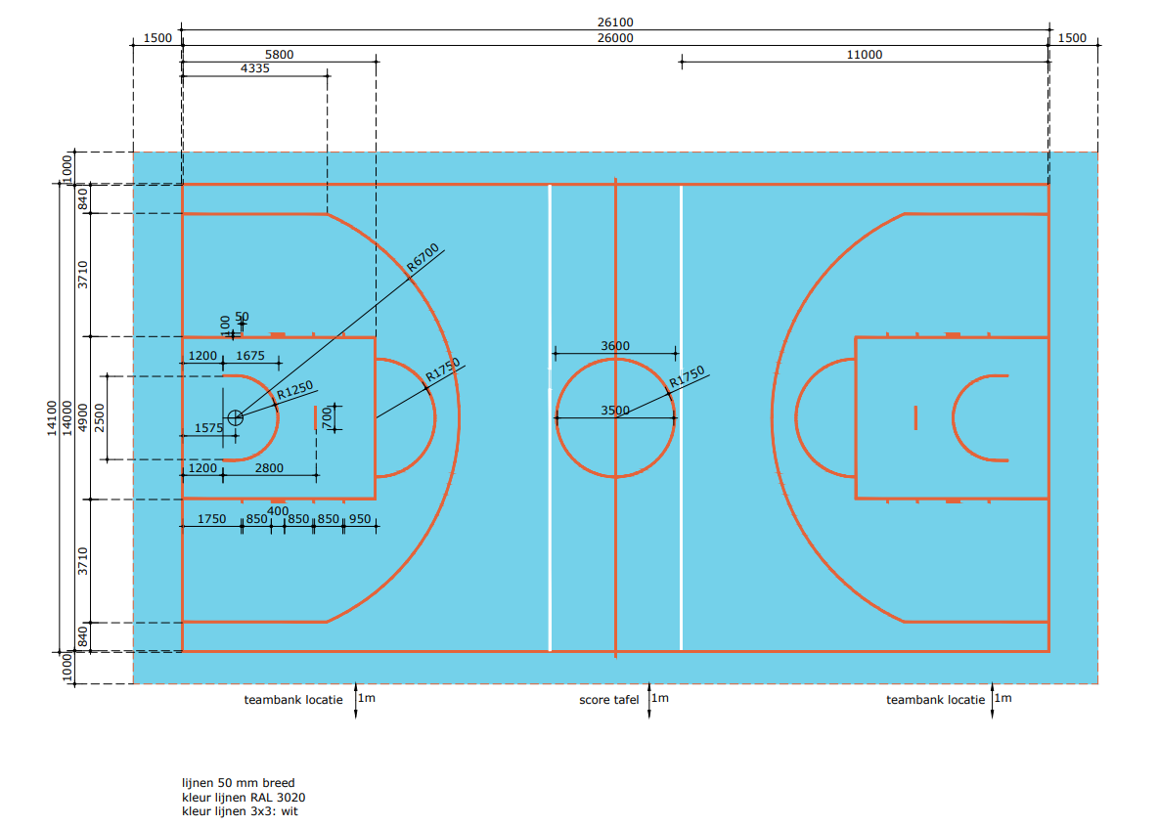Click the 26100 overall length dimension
(614, 22)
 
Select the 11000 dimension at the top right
(864, 55)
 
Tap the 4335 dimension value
(253, 68)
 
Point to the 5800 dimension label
(279, 55)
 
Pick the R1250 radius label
(295, 390)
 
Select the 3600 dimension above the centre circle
(614, 346)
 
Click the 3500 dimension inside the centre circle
(614, 411)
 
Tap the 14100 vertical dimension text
(52, 417)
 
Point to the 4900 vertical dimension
(83, 417)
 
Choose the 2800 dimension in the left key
(269, 468)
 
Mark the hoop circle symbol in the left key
(235, 417)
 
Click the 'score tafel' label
(608, 700)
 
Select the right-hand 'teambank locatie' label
(935, 700)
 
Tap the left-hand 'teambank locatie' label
(293, 700)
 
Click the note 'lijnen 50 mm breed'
(238, 783)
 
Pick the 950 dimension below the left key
(360, 519)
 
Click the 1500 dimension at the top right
(1072, 38)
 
